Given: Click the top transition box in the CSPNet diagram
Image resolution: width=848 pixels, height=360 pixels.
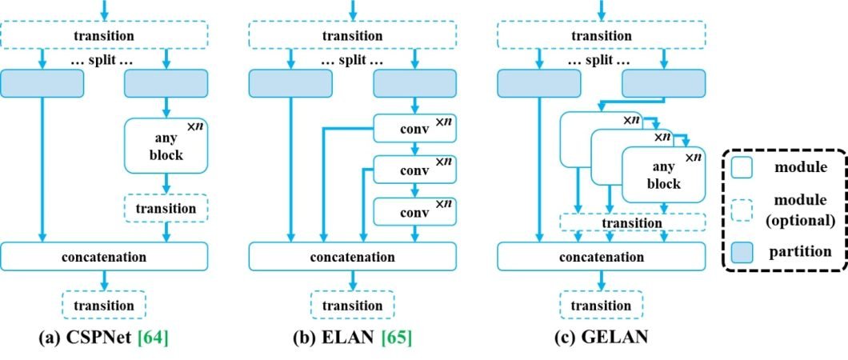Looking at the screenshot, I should point(104,35).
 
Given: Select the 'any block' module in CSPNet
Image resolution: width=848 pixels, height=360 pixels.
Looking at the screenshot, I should point(166,146).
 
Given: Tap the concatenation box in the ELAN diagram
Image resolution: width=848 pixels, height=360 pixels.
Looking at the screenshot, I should point(353,257).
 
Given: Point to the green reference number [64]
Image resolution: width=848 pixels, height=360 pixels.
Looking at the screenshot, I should point(151,338).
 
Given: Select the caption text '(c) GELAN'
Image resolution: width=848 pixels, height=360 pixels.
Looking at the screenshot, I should point(601,338).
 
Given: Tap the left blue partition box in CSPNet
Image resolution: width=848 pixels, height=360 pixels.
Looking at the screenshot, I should point(42,84).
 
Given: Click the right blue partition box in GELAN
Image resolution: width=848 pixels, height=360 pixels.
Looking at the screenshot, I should point(663,84).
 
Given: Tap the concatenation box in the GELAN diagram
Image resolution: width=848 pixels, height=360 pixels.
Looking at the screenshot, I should point(601,257).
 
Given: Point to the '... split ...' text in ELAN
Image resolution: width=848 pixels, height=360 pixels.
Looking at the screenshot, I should point(353,61).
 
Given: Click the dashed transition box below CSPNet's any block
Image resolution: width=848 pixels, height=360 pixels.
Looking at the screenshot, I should point(166,208).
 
